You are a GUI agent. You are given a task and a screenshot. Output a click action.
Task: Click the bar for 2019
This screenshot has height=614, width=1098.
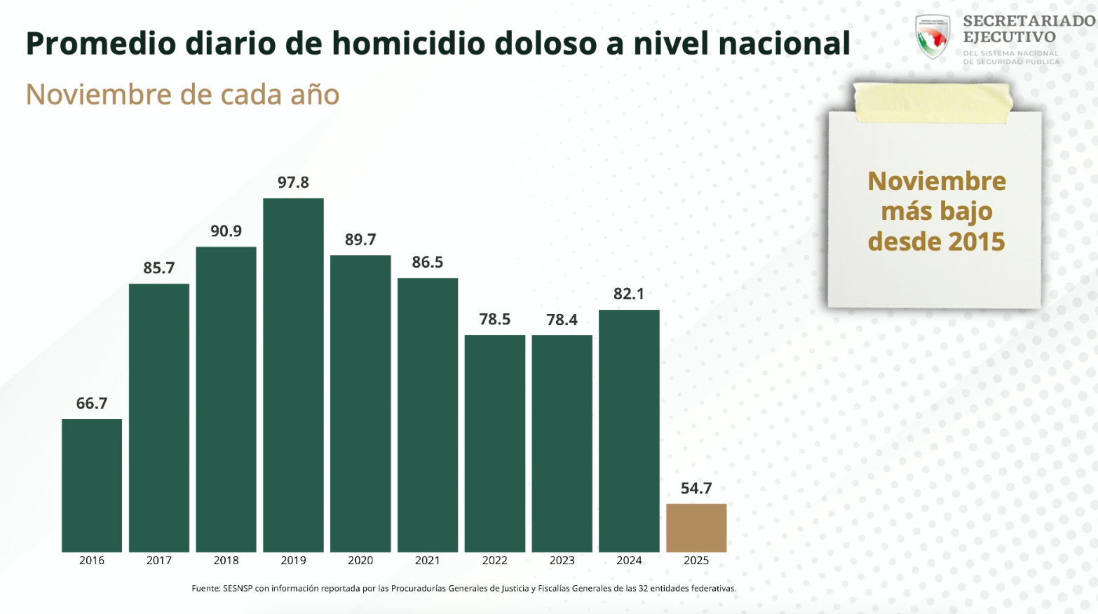click(293, 375)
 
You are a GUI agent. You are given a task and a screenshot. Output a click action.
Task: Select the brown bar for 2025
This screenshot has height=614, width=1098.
click(696, 528)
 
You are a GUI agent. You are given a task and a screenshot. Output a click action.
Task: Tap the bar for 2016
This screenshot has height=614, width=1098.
click(92, 485)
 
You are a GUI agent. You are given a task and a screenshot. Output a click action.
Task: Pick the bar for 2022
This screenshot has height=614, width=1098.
click(495, 443)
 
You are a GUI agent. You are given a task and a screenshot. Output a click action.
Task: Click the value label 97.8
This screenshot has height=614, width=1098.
click(293, 182)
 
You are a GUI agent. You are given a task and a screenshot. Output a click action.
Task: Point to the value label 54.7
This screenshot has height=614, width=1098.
click(696, 489)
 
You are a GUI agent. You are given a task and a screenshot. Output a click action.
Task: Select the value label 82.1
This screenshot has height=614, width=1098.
click(629, 294)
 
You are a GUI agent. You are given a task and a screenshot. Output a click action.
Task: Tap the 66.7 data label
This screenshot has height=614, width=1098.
click(92, 403)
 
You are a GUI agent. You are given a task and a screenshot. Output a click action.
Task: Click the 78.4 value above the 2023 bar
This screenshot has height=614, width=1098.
click(562, 320)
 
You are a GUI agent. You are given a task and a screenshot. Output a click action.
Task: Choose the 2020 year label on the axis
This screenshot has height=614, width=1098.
click(360, 560)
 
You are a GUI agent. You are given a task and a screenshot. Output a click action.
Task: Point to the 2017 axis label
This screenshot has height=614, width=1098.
click(159, 560)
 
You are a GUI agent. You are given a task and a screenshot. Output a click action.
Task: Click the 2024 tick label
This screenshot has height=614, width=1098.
click(629, 560)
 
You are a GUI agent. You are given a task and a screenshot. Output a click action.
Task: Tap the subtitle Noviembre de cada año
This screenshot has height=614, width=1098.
click(182, 95)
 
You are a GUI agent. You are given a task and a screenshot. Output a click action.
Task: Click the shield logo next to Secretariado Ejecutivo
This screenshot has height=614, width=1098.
click(933, 36)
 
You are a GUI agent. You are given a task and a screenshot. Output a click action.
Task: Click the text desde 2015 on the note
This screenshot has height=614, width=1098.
click(936, 242)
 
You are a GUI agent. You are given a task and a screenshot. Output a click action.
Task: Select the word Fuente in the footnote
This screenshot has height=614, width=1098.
click(205, 588)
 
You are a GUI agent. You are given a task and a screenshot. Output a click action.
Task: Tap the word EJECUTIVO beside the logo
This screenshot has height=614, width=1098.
click(1009, 37)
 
